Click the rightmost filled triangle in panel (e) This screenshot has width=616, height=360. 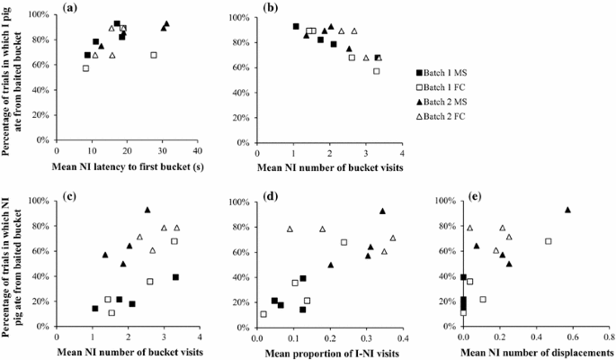(567, 210)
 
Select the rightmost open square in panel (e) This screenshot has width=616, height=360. (548, 241)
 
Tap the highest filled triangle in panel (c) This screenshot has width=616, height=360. (147, 210)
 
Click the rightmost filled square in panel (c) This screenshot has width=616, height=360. (175, 277)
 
